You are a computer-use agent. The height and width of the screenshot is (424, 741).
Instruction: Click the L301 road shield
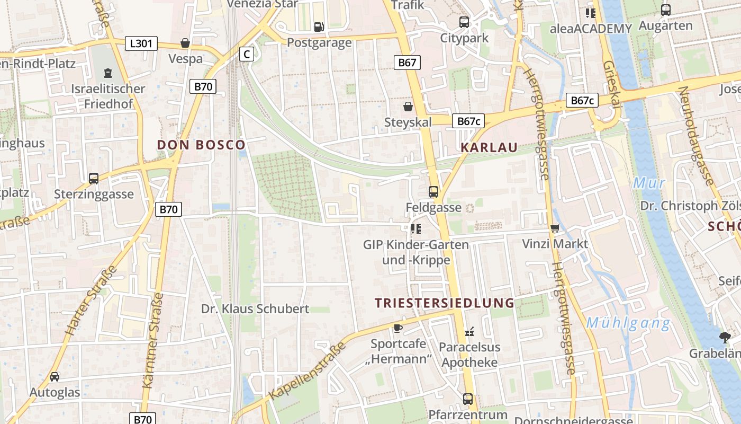[x=141, y=43]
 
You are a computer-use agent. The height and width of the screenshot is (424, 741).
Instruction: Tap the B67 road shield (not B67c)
[x=407, y=63]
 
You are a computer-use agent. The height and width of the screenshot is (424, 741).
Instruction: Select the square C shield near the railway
[x=247, y=54]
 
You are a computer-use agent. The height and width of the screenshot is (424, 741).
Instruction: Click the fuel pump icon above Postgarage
[x=319, y=26]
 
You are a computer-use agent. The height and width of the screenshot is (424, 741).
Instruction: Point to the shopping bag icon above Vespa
[x=185, y=43]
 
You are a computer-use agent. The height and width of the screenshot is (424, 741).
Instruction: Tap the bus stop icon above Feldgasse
[x=433, y=192]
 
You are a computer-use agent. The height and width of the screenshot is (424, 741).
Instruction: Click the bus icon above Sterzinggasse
[x=94, y=179]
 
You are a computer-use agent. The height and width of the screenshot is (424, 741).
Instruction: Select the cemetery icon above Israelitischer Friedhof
[x=108, y=73]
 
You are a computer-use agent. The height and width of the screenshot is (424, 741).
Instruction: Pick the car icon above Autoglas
[x=55, y=377]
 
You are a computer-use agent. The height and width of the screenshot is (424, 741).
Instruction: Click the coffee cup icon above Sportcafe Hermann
[x=398, y=328]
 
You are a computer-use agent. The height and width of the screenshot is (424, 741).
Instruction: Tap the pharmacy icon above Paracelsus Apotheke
[x=469, y=332]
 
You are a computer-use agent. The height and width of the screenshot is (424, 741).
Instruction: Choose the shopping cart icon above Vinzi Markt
[x=555, y=228]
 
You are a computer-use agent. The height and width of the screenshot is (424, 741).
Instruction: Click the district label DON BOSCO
[x=201, y=145]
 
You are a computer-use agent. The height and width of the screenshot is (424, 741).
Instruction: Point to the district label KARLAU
[x=489, y=147]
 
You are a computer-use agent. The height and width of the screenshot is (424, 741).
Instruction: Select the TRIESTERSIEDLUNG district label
[x=445, y=303]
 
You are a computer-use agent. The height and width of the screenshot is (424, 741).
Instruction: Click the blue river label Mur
[x=649, y=183]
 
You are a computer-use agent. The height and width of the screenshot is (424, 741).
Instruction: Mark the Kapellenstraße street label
[x=307, y=371]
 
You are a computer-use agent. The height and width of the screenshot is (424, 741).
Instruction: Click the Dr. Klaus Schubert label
[x=255, y=308]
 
